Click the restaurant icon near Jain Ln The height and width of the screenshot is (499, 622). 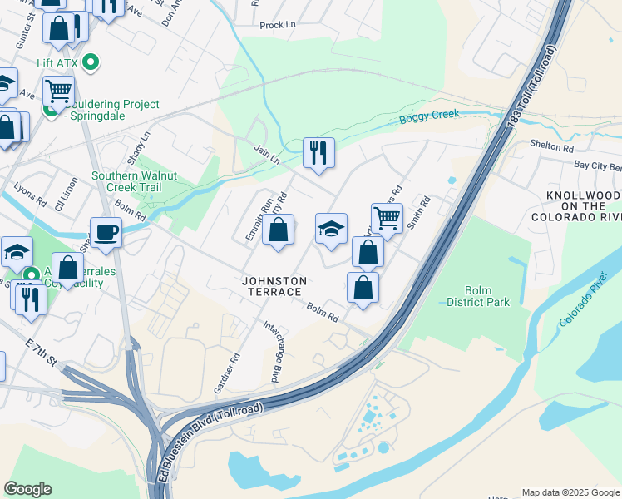(318, 152)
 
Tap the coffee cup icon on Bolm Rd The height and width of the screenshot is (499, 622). (106, 232)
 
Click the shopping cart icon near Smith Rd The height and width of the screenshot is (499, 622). (387, 218)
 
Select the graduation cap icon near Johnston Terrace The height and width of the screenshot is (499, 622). (331, 229)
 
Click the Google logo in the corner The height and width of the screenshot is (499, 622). (27, 489)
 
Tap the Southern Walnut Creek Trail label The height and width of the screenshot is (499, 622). (136, 182)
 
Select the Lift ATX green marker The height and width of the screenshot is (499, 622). (92, 62)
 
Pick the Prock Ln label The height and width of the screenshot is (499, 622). (277, 25)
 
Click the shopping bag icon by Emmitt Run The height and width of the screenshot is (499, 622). (278, 230)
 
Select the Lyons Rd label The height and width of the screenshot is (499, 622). (30, 195)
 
